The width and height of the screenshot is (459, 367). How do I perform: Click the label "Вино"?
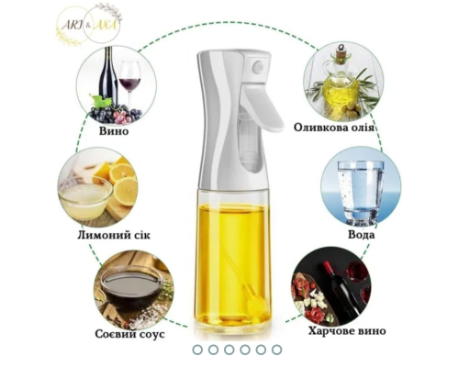tap(114, 131)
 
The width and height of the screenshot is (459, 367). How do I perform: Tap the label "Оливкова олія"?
tap(334, 128)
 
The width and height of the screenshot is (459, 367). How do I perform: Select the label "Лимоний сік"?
tap(114, 235)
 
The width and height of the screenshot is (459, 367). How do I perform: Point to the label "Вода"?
tap(361, 235)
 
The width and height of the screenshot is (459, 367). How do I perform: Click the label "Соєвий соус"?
tap(129, 334)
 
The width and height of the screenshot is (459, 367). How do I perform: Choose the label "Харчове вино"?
tap(347, 331)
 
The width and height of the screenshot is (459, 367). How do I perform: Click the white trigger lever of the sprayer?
tap(263, 107)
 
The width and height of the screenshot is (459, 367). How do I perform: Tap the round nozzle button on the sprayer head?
tap(258, 67)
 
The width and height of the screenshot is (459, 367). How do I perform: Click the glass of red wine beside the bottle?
tap(129, 83)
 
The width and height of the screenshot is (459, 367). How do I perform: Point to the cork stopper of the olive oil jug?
tap(341, 56)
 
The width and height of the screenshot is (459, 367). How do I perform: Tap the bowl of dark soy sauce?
tap(131, 287)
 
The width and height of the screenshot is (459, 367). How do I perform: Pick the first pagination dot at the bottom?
tap(197, 350)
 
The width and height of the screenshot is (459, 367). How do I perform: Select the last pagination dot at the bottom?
tap(276, 350)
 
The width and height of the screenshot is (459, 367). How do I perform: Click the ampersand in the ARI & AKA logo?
tap(88, 27)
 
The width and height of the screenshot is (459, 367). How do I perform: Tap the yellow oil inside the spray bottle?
tap(232, 263)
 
